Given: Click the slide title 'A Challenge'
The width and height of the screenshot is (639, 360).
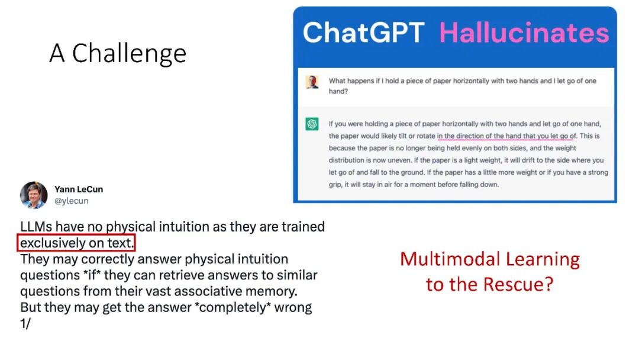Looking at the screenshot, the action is coord(118,53).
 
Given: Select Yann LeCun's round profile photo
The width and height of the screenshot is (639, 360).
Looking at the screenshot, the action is coord(34,195).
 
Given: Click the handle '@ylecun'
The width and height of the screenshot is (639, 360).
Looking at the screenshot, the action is coord(72,201).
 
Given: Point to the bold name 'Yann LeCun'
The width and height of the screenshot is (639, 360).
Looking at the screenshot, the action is coord(79,189).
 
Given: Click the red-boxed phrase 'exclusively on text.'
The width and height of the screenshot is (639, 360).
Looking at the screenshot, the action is coord(76,243).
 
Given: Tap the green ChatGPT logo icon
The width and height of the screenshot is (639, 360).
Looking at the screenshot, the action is coord(312,124).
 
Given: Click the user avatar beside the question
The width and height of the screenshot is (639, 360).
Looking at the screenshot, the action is coord(312,82).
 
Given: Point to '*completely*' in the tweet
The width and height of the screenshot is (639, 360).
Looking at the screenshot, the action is coord(233,307).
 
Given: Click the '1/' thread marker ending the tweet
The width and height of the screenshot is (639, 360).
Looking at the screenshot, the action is coord(25,323).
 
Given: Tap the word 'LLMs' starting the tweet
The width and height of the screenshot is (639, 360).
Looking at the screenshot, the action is coord(36,227).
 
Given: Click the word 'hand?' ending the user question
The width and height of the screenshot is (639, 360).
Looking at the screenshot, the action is coord(338,91).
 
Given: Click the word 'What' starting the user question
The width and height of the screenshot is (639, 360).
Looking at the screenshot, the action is coord(337,81).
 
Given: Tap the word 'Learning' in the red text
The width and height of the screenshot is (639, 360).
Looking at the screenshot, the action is coord(543,260).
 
